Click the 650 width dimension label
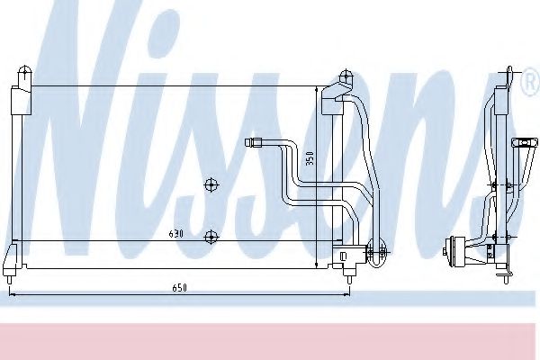click(x=180, y=287)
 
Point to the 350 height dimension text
click(x=310, y=159)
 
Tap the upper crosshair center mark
click(x=211, y=185)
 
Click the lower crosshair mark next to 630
click(x=211, y=237)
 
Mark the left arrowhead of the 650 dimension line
click(x=11, y=293)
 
